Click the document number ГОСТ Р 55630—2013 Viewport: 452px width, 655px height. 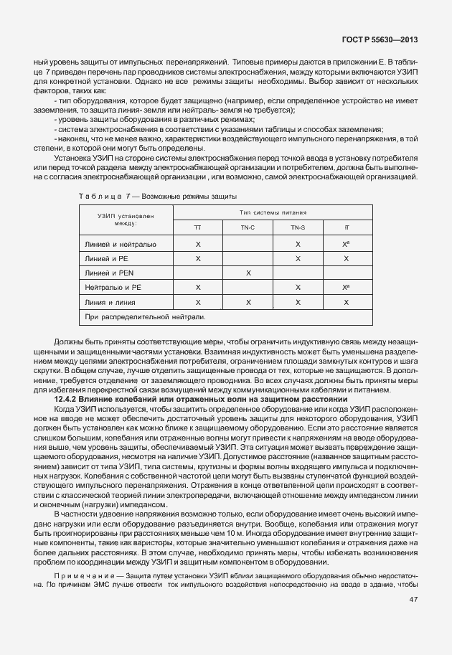tap(388, 43)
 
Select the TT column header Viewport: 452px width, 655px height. tap(198, 227)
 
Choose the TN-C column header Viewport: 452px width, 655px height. tap(248, 227)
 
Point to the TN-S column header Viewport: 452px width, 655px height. tap(298, 227)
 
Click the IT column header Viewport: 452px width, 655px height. tap(347, 227)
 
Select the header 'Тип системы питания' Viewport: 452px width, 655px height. tap(273, 213)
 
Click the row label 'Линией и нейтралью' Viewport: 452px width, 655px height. tap(120, 244)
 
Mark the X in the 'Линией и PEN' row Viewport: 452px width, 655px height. tap(248, 273)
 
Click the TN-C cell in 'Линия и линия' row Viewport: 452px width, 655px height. tap(248, 302)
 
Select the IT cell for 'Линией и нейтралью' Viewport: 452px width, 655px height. tap(347, 244)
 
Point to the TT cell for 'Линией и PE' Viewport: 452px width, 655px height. tap(198, 258)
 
